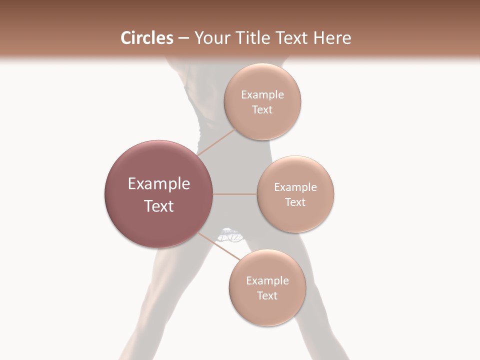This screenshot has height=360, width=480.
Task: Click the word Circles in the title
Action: (146, 38)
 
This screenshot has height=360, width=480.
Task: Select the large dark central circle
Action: (158, 215)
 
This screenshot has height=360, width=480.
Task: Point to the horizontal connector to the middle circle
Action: (235, 194)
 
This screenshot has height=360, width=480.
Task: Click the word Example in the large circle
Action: (158, 184)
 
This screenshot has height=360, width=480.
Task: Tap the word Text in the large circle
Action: (158, 206)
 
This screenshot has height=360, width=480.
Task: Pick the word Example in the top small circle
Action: (262, 95)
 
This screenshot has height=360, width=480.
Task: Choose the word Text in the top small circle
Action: (262, 110)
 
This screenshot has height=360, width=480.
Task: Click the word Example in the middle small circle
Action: (295, 187)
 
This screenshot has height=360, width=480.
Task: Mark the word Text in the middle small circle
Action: (295, 202)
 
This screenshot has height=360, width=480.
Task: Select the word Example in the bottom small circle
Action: (267, 281)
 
